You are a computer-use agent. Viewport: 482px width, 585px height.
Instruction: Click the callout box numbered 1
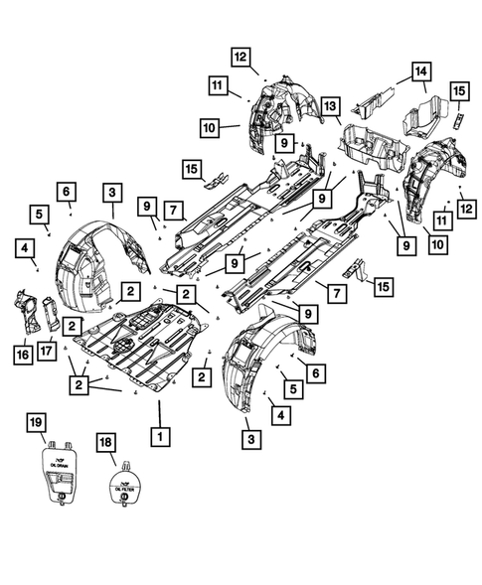[156, 434]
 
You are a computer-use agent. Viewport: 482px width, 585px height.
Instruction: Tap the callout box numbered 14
[421, 72]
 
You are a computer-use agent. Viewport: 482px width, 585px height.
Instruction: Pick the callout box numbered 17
[47, 351]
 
